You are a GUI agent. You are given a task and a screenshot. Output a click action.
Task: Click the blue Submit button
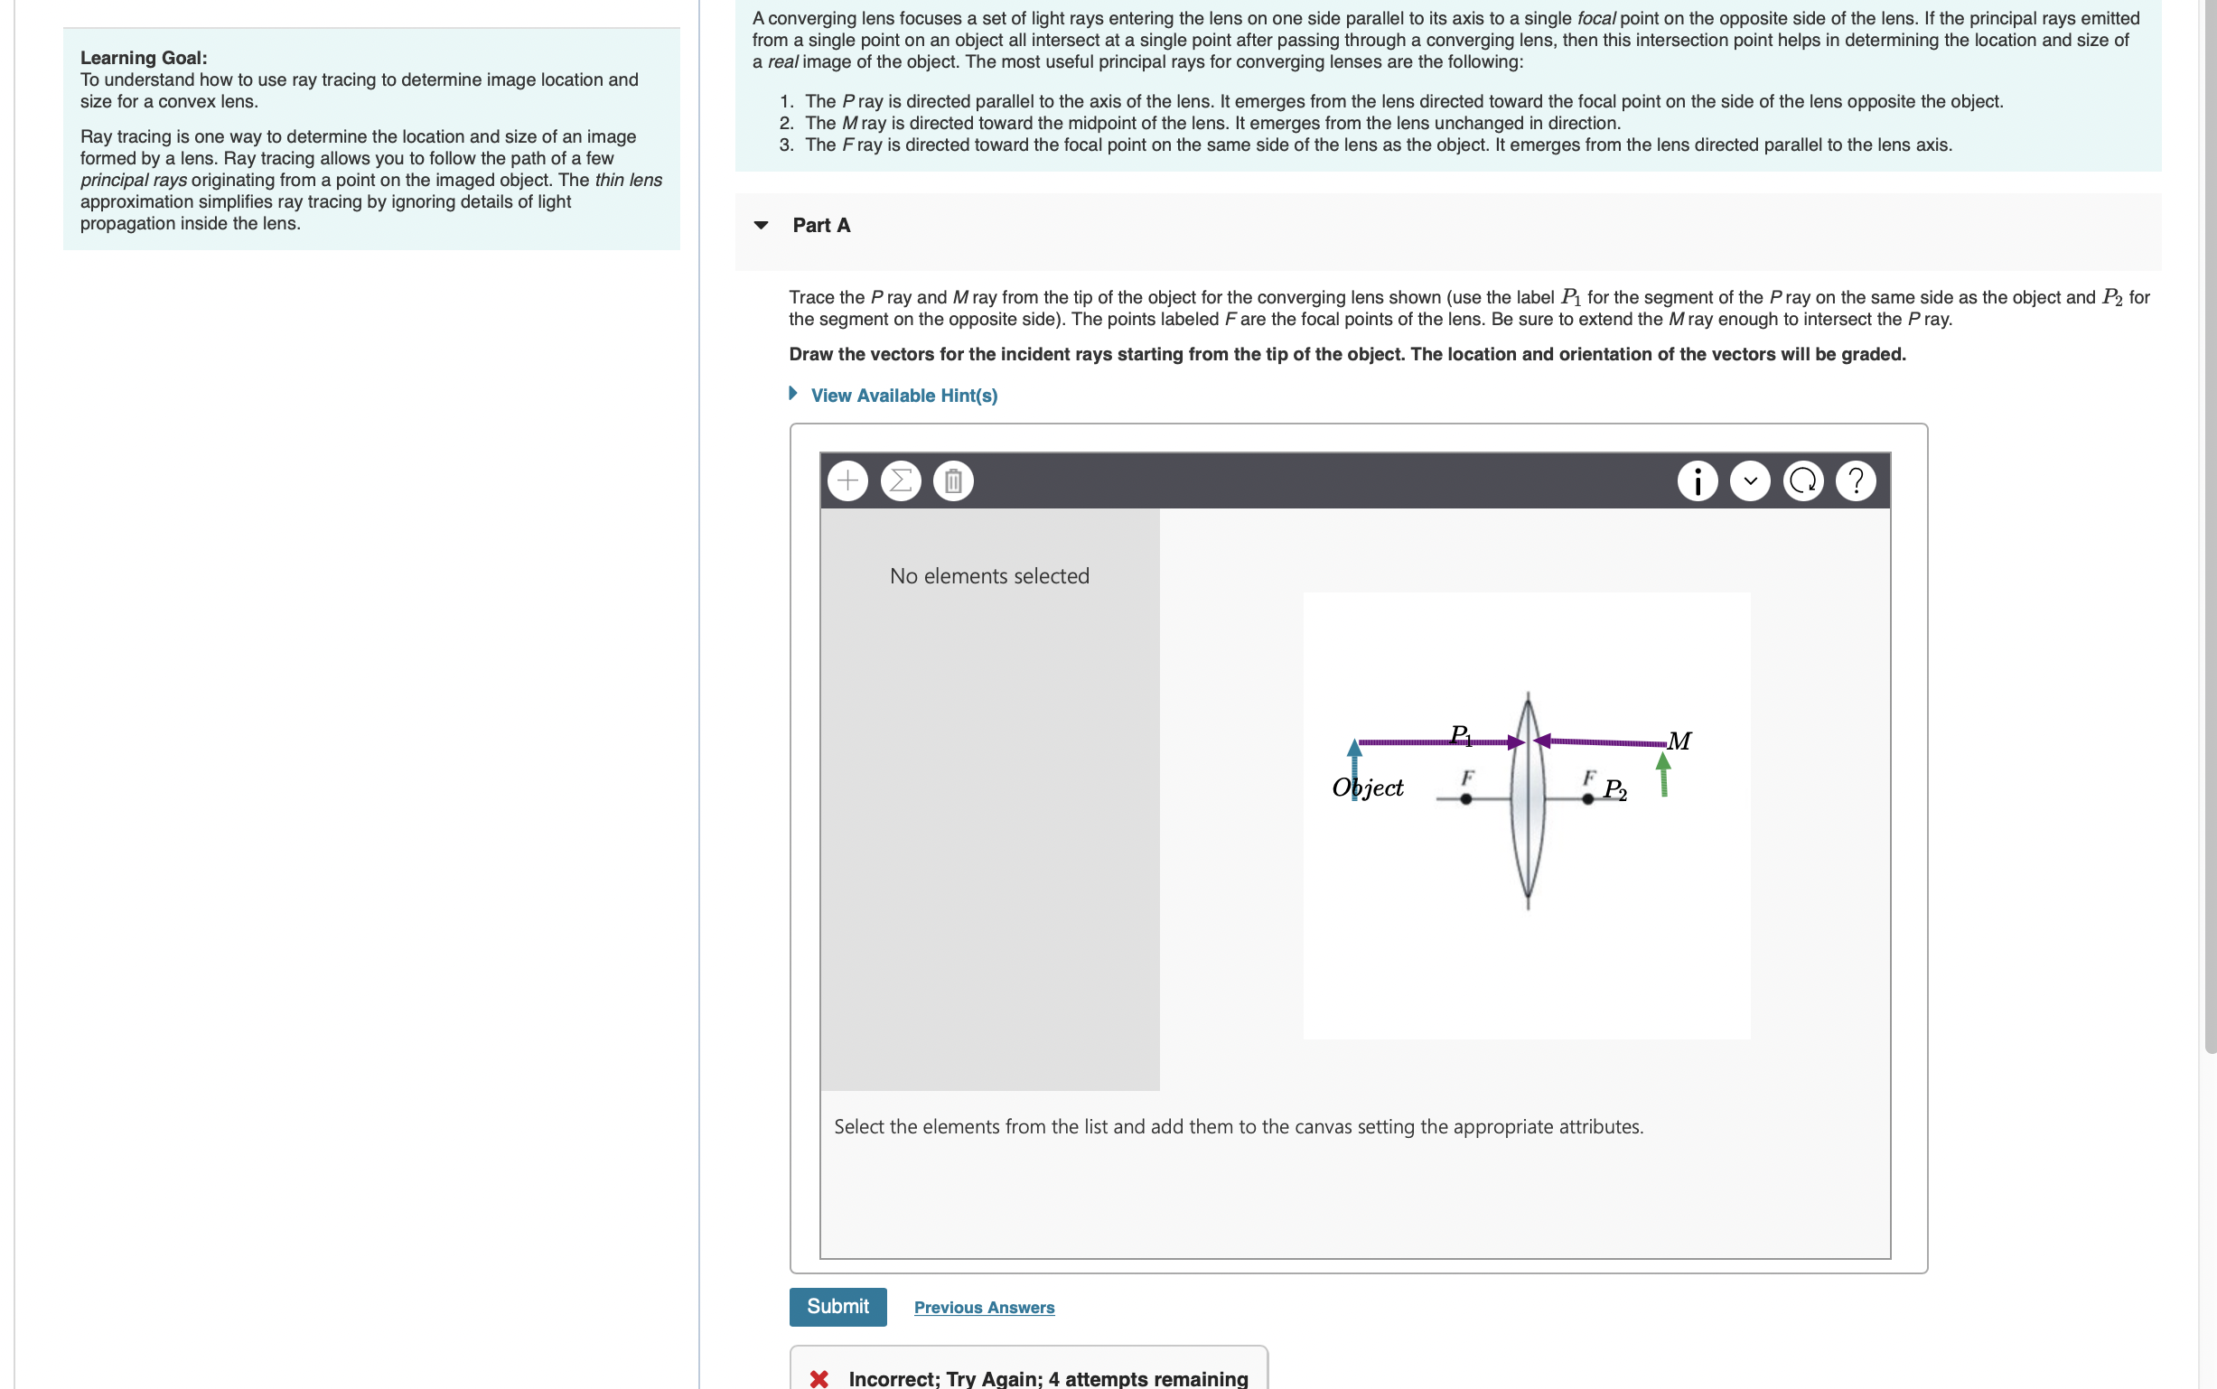click(x=837, y=1305)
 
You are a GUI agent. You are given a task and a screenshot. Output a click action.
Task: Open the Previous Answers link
click(x=983, y=1306)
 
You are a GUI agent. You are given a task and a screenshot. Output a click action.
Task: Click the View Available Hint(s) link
click(x=903, y=395)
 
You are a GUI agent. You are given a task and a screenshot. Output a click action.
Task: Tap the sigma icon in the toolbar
click(x=901, y=480)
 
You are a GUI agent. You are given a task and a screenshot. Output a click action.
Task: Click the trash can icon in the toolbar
click(x=953, y=480)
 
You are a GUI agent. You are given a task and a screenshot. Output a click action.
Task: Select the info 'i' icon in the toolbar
click(x=1697, y=480)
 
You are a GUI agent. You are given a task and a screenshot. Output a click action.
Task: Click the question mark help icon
click(x=1855, y=480)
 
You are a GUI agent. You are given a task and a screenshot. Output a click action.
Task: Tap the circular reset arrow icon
click(x=1802, y=480)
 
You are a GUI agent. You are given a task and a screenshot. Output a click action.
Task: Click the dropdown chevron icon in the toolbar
click(x=1749, y=480)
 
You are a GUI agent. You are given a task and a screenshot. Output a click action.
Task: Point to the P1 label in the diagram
click(x=1461, y=735)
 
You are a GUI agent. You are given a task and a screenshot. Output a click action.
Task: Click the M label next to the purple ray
click(x=1679, y=741)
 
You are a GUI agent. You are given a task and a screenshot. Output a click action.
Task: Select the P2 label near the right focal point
click(x=1614, y=789)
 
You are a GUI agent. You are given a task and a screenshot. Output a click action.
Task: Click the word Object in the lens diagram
click(x=1367, y=788)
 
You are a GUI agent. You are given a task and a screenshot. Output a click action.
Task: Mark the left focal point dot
click(x=1465, y=799)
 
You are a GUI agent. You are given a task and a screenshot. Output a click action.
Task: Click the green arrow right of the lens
click(x=1663, y=776)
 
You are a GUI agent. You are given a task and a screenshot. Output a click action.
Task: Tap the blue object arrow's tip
click(x=1354, y=746)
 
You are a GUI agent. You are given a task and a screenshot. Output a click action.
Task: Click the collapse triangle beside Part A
click(x=761, y=225)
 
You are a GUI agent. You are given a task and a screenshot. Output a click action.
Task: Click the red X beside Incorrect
click(x=819, y=1378)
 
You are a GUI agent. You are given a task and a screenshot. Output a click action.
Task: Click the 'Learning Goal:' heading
click(x=144, y=58)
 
